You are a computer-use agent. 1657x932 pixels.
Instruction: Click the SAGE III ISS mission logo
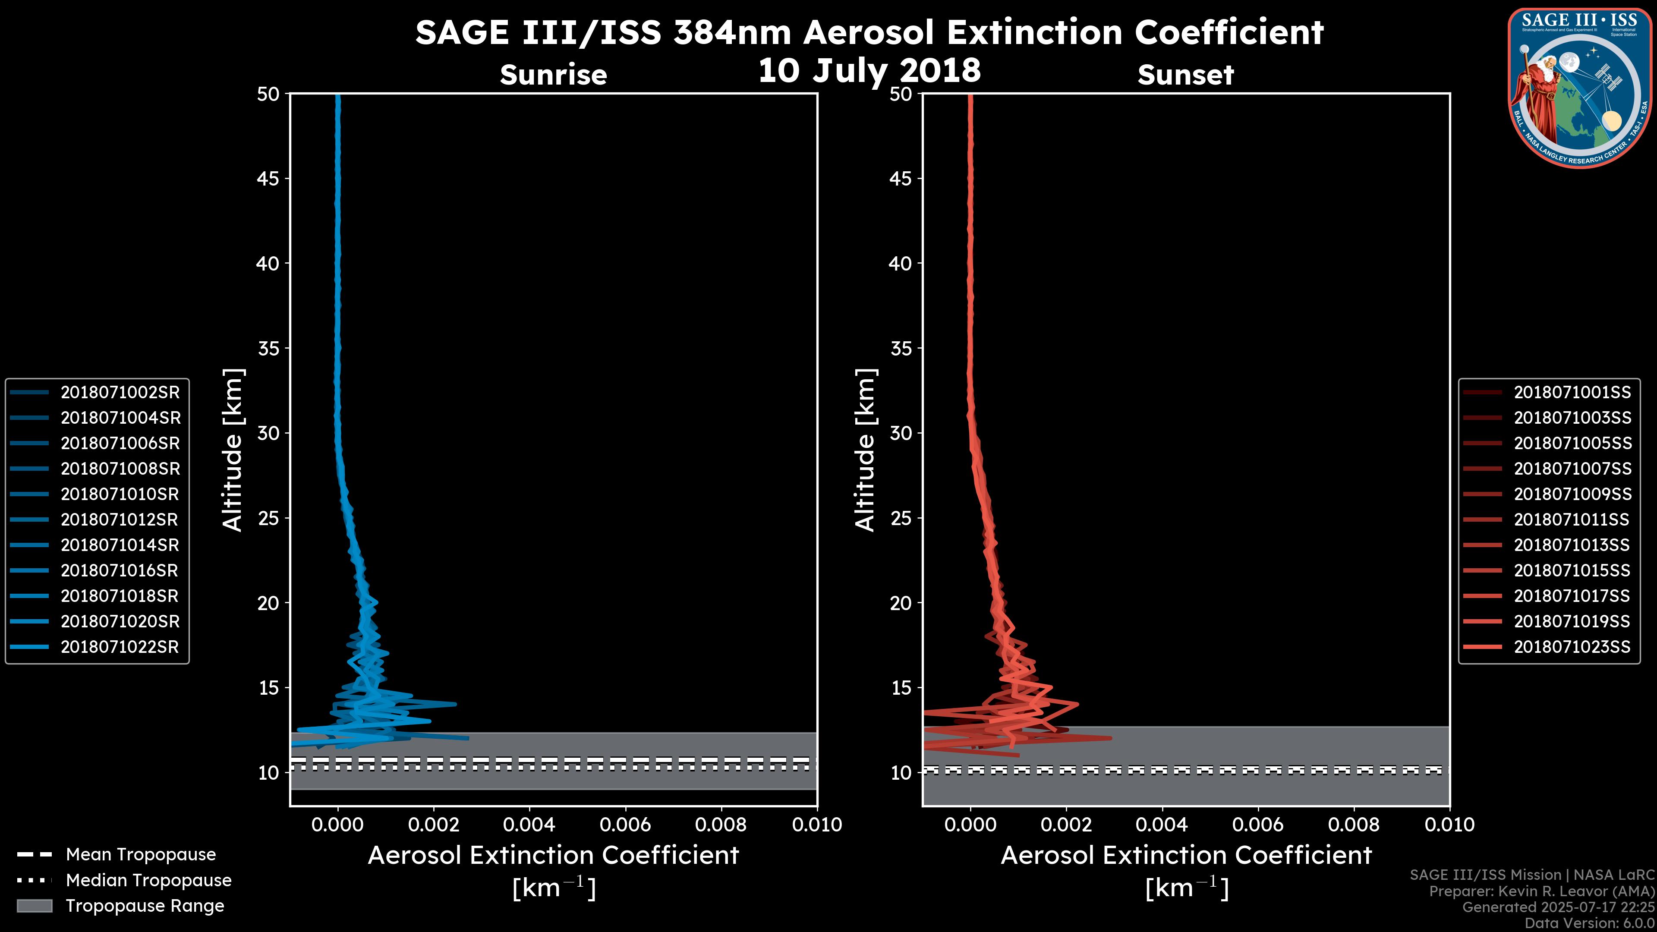click(1580, 88)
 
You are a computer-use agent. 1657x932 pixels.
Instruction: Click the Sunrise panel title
click(553, 75)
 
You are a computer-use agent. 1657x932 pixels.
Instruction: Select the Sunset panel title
click(1185, 75)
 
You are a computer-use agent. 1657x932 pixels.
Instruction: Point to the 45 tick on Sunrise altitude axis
click(268, 179)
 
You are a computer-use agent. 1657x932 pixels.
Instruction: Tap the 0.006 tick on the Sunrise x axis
click(625, 825)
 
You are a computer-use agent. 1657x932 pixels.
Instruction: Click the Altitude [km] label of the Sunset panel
click(865, 450)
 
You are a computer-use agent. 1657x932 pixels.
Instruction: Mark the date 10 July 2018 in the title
click(869, 71)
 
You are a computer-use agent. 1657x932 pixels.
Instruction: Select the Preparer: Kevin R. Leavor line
click(1541, 891)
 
